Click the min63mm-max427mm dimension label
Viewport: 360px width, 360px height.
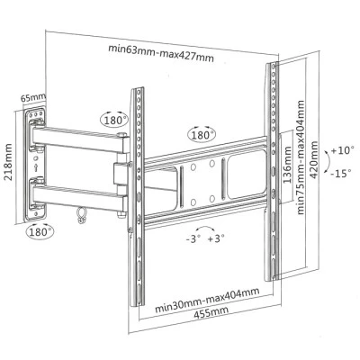pyautogui.click(x=161, y=53)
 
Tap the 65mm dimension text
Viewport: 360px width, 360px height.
pyautogui.click(x=33, y=97)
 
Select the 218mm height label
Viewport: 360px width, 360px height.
pyautogui.click(x=8, y=162)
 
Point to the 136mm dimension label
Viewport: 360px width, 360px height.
pyautogui.click(x=287, y=165)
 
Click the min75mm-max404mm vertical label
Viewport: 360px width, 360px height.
pyautogui.click(x=301, y=157)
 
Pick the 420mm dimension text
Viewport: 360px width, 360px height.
pyautogui.click(x=314, y=160)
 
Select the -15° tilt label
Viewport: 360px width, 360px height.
pyautogui.click(x=341, y=173)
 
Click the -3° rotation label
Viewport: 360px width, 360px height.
pyautogui.click(x=193, y=239)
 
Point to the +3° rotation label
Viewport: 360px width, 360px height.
pyautogui.click(x=216, y=238)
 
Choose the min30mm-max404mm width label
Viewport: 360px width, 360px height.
pyautogui.click(x=207, y=300)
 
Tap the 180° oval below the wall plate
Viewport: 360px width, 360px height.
pyautogui.click(x=40, y=232)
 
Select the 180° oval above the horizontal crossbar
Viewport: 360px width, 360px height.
pyautogui.click(x=202, y=135)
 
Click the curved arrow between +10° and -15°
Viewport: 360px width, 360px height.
pyautogui.click(x=328, y=162)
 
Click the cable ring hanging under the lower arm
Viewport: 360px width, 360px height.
pyautogui.click(x=80, y=216)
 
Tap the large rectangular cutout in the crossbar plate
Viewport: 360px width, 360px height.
pyautogui.click(x=247, y=175)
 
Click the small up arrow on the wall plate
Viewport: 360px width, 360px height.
pyautogui.click(x=36, y=167)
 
